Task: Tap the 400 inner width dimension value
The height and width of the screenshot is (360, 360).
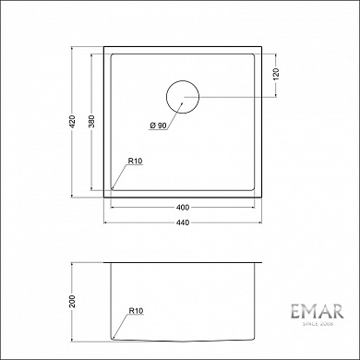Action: click(183, 207)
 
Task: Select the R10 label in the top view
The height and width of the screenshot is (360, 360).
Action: click(135, 162)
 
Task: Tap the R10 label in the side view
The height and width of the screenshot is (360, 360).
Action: click(135, 312)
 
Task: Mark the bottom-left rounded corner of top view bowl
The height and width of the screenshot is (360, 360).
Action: click(114, 187)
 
